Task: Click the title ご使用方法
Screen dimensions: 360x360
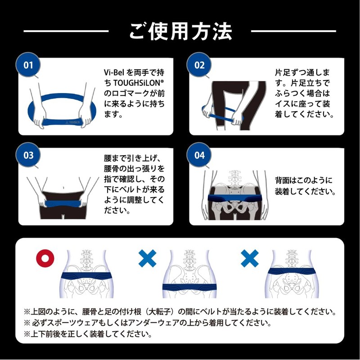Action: click(x=180, y=31)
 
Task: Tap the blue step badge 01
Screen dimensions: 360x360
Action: click(x=28, y=65)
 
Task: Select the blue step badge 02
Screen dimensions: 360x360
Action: click(x=199, y=65)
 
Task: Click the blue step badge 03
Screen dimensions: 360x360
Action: click(x=28, y=155)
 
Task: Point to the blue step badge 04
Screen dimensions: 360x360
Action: click(x=199, y=155)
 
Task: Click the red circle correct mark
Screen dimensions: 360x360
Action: click(x=45, y=258)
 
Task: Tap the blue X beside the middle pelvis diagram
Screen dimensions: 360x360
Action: click(x=148, y=258)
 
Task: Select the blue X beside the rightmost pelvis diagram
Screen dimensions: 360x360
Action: click(x=250, y=258)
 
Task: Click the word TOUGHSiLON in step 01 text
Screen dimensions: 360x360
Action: click(x=139, y=83)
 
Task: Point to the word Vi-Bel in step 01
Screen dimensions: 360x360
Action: click(x=114, y=72)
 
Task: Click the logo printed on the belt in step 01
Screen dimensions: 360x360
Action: click(x=72, y=122)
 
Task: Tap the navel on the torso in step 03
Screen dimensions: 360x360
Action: click(x=63, y=188)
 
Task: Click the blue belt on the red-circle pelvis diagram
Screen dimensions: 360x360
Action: click(x=86, y=275)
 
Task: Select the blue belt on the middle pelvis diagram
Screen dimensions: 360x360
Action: click(x=189, y=287)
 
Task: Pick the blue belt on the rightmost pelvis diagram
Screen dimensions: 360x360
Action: click(x=292, y=272)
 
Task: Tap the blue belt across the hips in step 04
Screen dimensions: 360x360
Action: click(x=235, y=198)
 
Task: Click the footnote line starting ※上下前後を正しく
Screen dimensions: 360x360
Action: click(x=88, y=333)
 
